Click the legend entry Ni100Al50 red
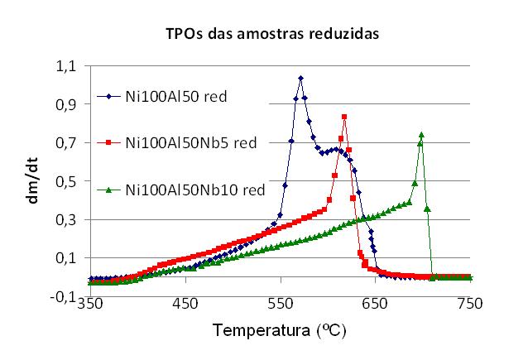pos(175,96)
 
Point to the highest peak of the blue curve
pos(300,78)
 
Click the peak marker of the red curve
pos(344,117)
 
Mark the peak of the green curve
pos(421,134)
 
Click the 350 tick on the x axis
pos(90,304)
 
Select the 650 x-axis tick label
pos(375,304)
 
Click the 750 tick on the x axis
pos(469,304)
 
